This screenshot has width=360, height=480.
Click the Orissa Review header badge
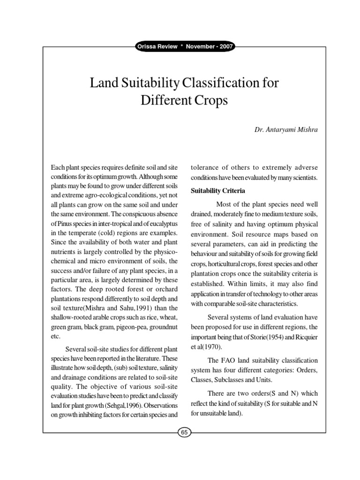[184, 46]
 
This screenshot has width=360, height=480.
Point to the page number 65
[184, 433]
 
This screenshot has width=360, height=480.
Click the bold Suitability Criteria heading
[217, 191]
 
